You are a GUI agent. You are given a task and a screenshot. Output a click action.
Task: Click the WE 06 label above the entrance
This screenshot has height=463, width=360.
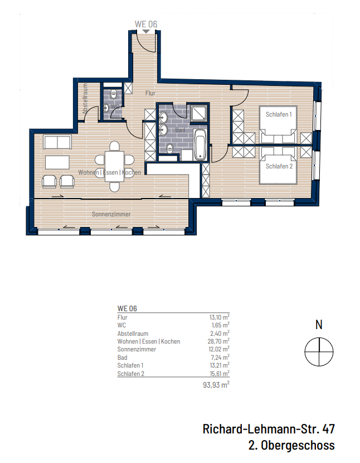145,24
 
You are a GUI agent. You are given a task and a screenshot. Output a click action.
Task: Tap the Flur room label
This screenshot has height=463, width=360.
150,94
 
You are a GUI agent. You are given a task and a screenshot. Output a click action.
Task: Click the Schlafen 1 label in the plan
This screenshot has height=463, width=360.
279,114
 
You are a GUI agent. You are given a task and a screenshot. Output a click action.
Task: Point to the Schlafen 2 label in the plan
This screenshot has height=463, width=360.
279,166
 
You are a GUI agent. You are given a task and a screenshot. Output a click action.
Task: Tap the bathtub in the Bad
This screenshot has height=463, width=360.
200,144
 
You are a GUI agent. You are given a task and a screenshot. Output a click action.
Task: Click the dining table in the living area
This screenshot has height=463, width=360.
114,166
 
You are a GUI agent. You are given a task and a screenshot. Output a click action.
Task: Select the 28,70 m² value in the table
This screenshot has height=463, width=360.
218,341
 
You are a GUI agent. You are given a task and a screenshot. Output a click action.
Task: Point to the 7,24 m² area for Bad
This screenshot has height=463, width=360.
220,358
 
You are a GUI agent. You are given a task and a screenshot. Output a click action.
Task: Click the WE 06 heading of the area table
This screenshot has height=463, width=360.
127,308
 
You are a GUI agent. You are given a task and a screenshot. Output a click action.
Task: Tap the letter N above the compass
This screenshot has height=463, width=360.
318,324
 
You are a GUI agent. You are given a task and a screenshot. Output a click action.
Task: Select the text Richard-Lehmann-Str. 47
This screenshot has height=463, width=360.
269,430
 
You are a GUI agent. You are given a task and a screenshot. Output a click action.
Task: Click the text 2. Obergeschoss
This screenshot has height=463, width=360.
291,445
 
